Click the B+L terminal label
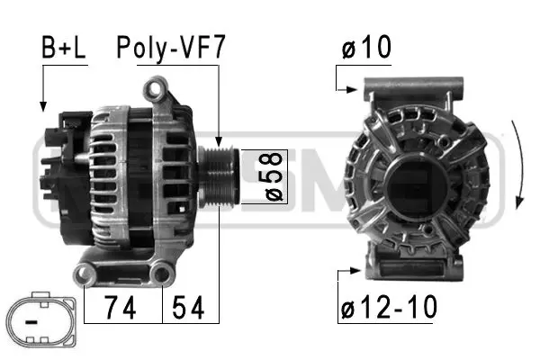tap(62, 49)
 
